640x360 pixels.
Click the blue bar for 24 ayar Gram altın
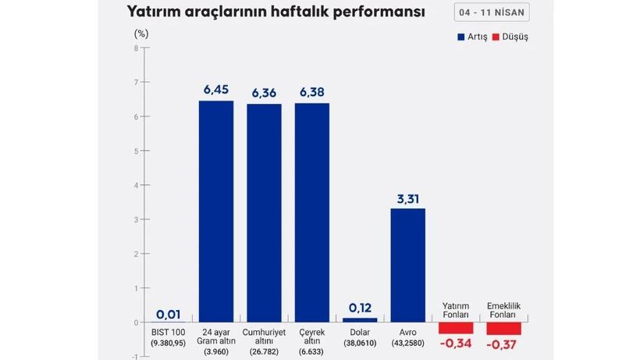216,211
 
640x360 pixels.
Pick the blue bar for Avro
407,265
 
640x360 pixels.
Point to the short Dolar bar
360,319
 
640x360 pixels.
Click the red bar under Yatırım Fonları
456,327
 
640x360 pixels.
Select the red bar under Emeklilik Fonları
503,328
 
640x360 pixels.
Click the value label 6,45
216,90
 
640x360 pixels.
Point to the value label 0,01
169,314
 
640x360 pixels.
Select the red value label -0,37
503,344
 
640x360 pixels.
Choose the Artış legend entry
471,37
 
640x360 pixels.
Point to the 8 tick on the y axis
136,48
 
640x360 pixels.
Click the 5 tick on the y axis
136,151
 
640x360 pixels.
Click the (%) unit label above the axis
141,33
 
